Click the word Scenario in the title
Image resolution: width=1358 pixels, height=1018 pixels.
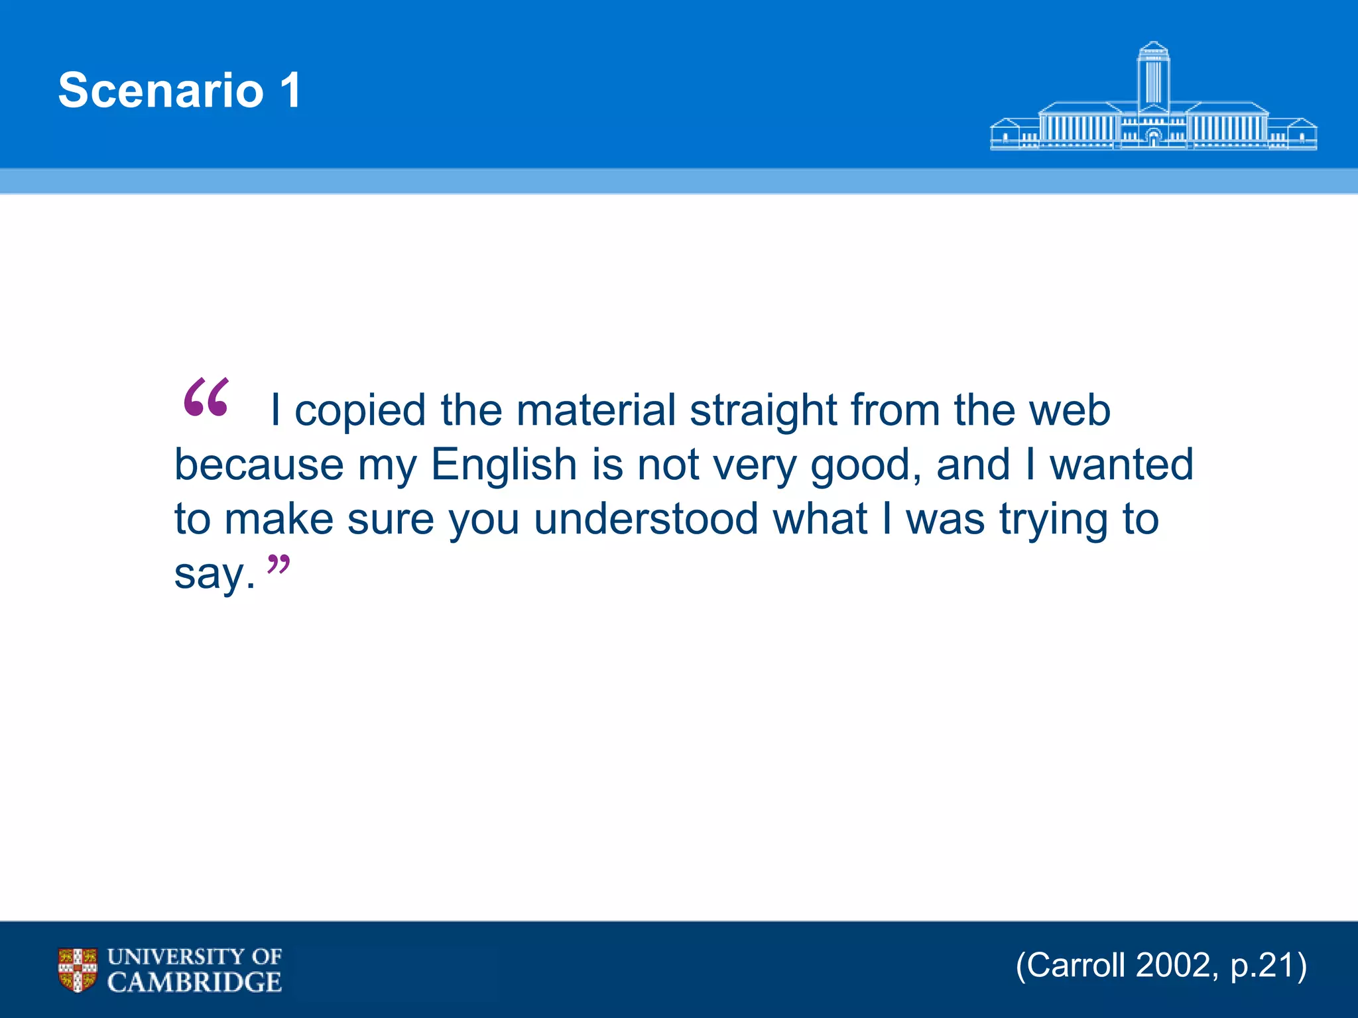click(x=161, y=90)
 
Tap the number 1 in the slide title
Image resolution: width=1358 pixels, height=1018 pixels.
click(x=290, y=90)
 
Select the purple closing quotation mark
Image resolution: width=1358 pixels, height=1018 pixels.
click(x=278, y=565)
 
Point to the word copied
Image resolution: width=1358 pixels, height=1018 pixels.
click(x=359, y=410)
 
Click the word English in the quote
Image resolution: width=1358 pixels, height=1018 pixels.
click(x=504, y=465)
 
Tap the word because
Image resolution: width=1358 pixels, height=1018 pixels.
click(x=259, y=465)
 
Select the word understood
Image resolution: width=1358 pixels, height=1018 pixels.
click(x=646, y=519)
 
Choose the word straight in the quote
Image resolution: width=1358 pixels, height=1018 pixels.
click(x=763, y=410)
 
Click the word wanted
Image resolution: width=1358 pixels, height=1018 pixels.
click(x=1121, y=465)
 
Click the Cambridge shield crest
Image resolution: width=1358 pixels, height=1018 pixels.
click(x=78, y=970)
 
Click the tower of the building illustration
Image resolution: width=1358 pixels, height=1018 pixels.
click(x=1153, y=76)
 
